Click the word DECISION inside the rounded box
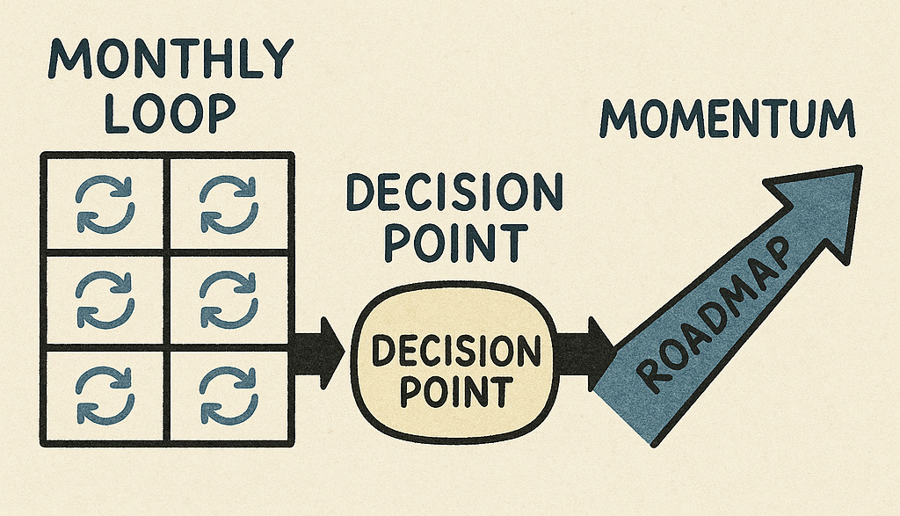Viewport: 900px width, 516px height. click(x=455, y=353)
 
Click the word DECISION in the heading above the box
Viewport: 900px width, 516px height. click(x=453, y=193)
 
